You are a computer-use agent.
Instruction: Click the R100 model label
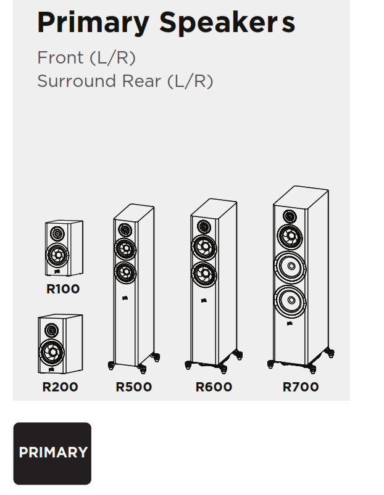[63, 289]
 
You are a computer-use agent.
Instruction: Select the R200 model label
[60, 387]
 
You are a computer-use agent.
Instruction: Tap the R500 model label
[134, 387]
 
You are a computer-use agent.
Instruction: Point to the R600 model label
[214, 387]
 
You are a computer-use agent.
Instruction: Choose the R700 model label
[301, 387]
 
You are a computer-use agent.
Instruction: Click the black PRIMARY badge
[52, 453]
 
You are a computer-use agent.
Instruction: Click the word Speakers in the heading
[227, 23]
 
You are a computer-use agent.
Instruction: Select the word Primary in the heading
[93, 23]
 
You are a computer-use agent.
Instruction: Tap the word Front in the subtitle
[61, 57]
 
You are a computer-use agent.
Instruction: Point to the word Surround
[77, 81]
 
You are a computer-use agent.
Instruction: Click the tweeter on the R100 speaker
[57, 234]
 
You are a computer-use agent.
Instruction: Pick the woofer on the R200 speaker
[51, 352]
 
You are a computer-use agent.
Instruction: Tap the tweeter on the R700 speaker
[290, 216]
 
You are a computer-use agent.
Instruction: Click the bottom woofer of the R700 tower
[290, 301]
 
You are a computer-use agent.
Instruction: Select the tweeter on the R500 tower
[125, 230]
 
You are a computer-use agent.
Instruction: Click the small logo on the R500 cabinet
[125, 298]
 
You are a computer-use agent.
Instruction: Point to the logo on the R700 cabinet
[290, 323]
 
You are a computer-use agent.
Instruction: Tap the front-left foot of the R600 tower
[188, 366]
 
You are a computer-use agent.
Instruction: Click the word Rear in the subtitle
[141, 81]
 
